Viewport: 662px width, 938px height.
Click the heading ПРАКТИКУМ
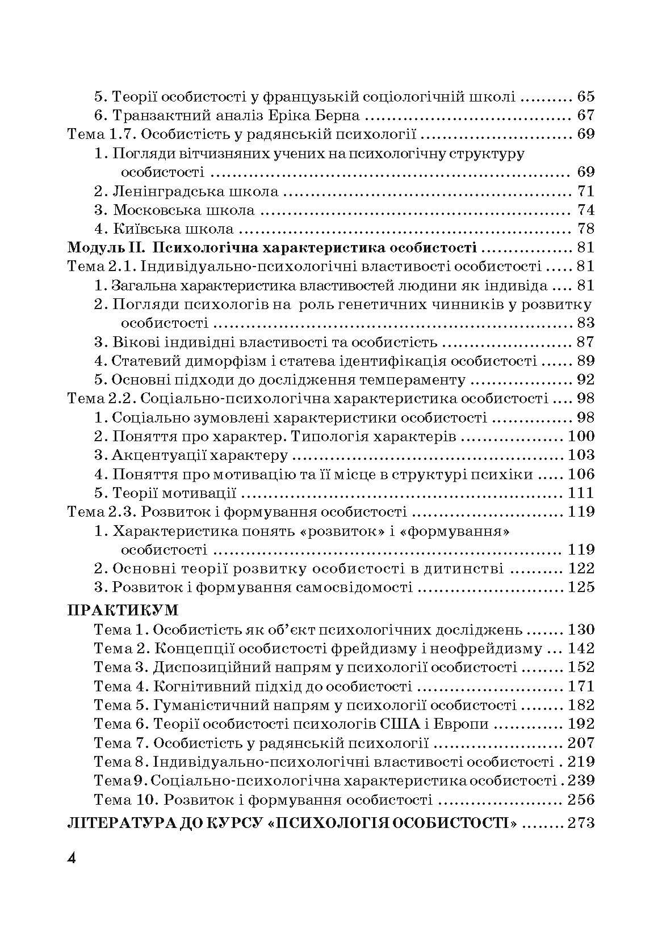pos(123,610)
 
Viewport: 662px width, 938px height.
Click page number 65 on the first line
pos(585,97)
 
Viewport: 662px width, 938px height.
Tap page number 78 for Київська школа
pos(585,229)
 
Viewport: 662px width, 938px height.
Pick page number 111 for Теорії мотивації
pos(580,493)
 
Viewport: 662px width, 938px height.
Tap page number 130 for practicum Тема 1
pos(580,629)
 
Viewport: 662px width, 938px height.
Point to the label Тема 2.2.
pos(100,399)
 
